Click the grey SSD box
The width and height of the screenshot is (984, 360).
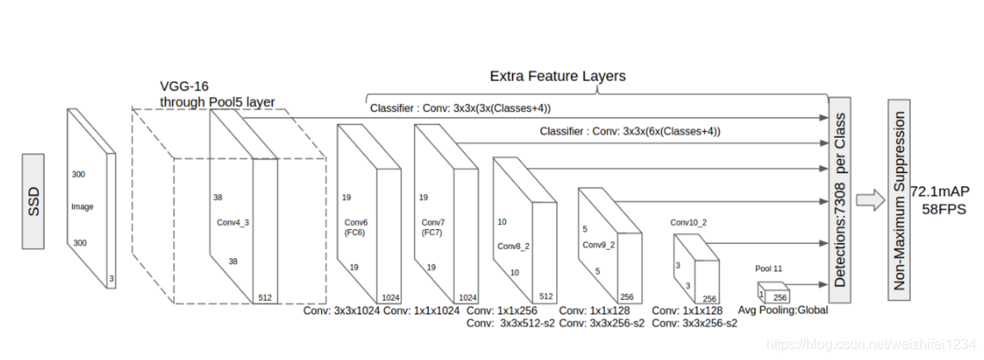34,202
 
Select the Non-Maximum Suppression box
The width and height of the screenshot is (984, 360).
900,200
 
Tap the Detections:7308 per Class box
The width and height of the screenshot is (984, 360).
839,200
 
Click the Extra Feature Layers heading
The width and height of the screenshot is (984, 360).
557,76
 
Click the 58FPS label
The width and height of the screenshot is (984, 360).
944,209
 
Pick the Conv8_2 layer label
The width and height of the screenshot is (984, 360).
513,245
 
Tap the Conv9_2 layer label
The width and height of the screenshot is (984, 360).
599,245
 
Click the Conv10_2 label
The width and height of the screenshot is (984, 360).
688,222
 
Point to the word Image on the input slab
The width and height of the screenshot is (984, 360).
82,207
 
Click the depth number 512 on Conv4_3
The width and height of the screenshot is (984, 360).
265,297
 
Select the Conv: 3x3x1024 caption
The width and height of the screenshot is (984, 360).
342,311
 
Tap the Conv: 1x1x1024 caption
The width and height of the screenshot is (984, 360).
421,311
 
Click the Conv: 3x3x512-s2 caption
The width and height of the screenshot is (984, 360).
507,324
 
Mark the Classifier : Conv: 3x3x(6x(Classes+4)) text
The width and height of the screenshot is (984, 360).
630,132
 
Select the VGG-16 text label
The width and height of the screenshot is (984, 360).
184,87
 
